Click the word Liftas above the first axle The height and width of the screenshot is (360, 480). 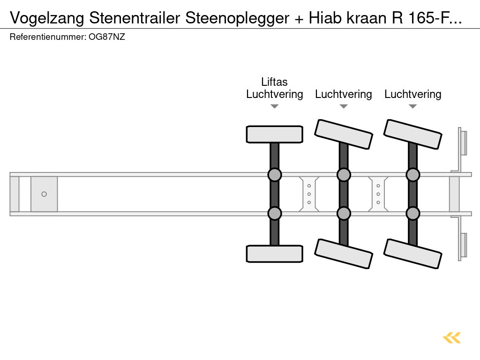pos(274,82)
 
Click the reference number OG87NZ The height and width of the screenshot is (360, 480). pos(107,37)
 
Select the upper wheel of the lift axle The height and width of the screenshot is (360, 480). pos(274,134)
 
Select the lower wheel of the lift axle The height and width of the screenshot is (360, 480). pos(274,254)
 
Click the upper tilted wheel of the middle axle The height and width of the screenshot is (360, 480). pos(344,134)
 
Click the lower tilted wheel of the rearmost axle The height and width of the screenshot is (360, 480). pos(412,254)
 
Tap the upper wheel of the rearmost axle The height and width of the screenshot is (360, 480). pos(412,134)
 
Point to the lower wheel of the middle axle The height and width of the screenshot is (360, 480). pos(344,254)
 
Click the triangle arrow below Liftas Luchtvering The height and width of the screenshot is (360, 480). pos(274,106)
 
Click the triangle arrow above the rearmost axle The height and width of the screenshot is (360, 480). pos(412,106)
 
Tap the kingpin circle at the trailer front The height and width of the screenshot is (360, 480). pos(44,194)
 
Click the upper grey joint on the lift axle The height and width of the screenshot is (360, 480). pos(274,175)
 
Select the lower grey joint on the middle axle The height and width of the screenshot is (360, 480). pos(344,213)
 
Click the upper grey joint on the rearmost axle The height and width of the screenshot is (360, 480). pos(412,175)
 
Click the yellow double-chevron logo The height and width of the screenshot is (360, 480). pos(452,337)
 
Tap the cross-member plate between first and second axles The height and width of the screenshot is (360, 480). pos(309,194)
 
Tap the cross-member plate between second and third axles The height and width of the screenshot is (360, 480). pos(378,194)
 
